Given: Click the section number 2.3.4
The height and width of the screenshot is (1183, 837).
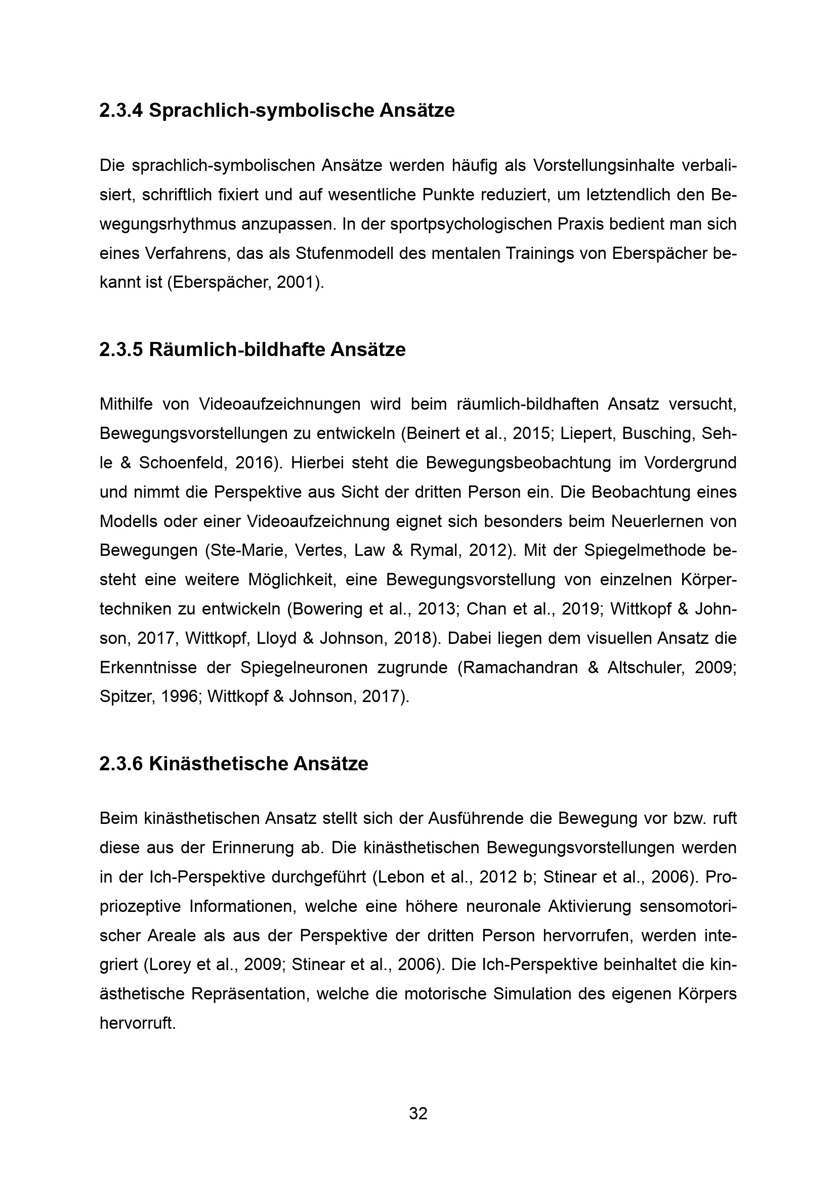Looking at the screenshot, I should pyautogui.click(x=120, y=111).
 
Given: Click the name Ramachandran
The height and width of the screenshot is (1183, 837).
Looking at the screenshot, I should pyautogui.click(x=520, y=668).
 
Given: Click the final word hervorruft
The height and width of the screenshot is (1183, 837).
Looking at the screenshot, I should pyautogui.click(x=138, y=1023).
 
